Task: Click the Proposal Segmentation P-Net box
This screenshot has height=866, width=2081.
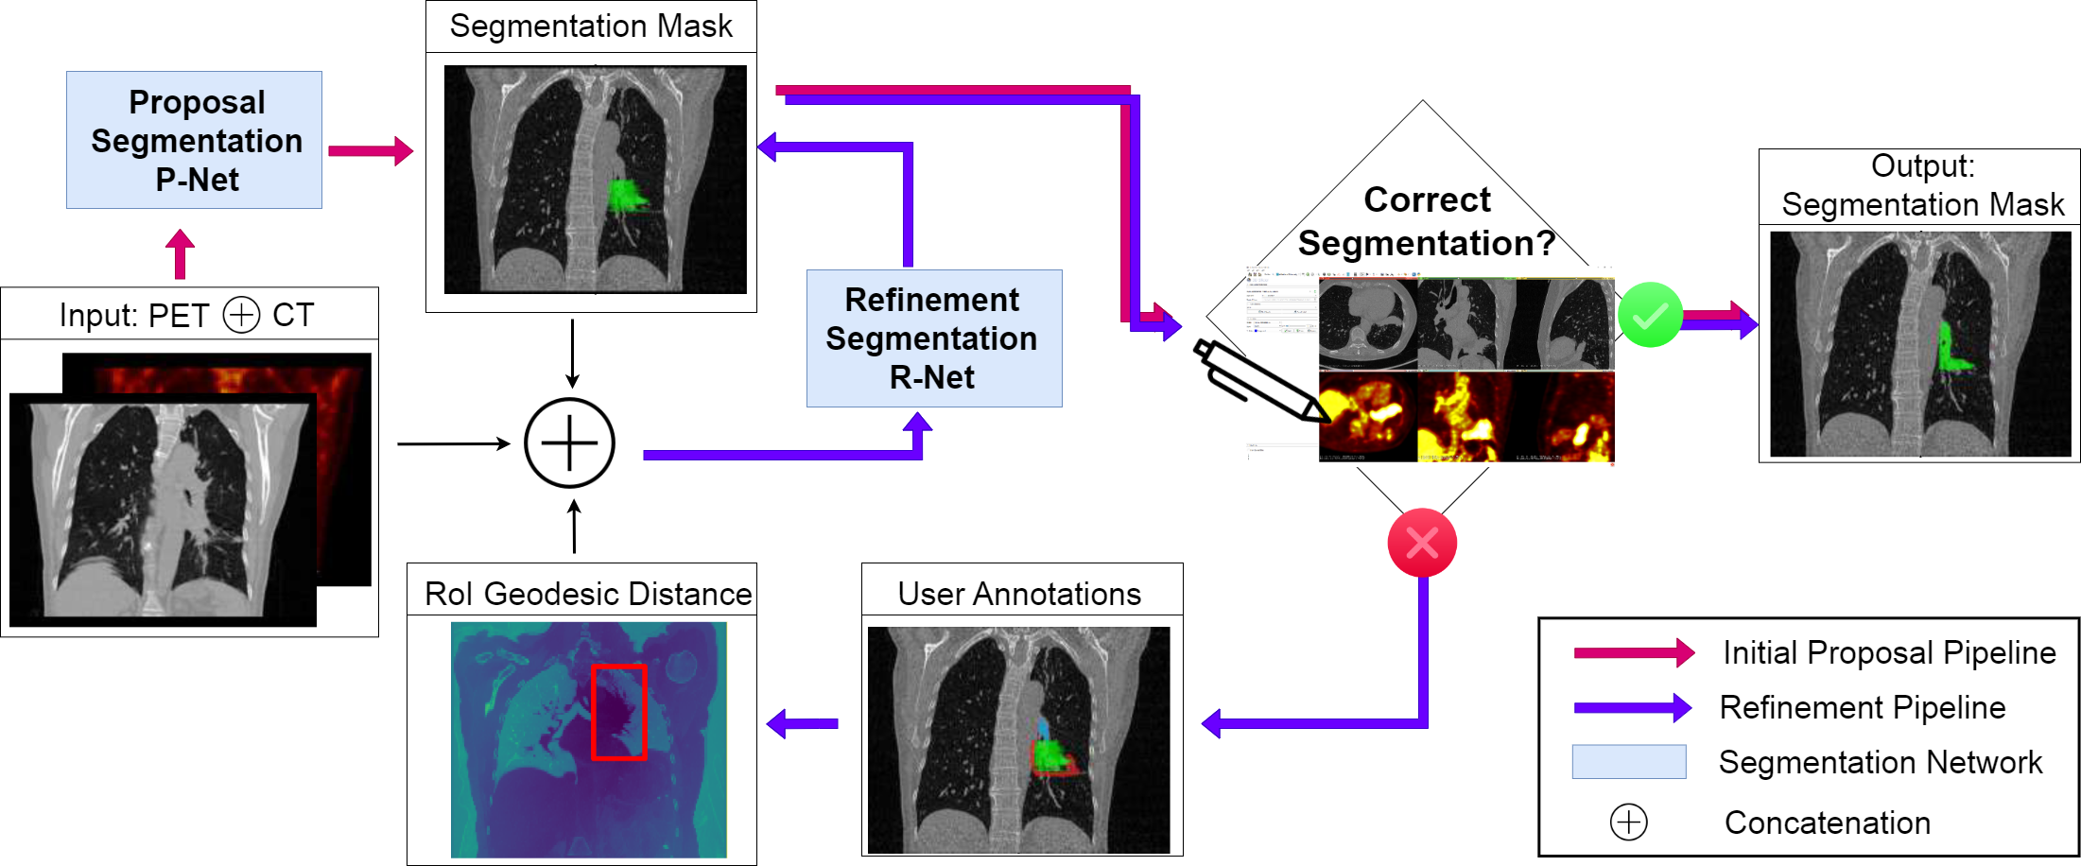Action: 194,140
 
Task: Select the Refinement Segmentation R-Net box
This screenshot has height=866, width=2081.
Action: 933,338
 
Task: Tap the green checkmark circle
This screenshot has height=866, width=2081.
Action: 1650,315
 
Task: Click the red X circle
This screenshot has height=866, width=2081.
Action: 1421,543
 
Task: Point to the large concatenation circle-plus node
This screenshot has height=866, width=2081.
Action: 569,443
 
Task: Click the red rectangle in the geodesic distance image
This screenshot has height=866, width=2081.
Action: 618,712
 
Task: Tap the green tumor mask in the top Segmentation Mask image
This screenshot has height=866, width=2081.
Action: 623,196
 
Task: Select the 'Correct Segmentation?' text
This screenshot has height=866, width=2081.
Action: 1426,222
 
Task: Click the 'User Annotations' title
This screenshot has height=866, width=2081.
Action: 1019,594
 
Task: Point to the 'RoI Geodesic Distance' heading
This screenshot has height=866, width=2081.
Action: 587,594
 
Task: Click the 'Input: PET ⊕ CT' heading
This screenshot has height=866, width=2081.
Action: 186,315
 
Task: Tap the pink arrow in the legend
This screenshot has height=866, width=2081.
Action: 1633,652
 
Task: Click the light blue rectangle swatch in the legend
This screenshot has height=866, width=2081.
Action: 1628,762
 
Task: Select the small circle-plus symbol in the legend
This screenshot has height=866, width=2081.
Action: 1628,823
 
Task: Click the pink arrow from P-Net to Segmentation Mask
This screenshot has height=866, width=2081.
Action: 370,150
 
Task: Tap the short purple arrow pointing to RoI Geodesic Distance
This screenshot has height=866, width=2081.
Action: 802,724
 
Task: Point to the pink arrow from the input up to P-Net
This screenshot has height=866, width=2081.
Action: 180,253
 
